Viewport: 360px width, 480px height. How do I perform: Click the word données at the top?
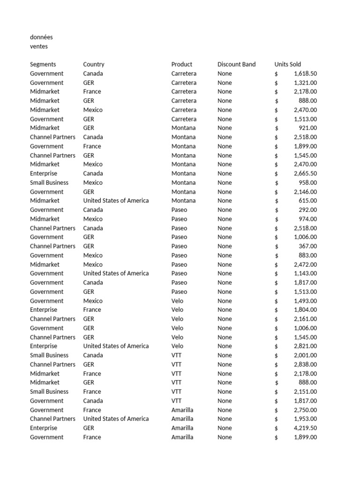41,37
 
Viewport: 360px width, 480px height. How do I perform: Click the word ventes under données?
39,46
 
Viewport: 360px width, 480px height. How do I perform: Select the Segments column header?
43,64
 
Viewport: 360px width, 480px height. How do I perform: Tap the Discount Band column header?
236,64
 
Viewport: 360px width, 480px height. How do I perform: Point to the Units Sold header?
288,64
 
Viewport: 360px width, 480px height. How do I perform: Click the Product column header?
182,64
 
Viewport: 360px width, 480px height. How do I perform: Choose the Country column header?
94,64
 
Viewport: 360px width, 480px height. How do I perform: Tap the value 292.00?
308,210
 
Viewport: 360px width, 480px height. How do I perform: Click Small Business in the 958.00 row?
49,183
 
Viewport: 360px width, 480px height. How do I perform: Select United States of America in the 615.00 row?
116,201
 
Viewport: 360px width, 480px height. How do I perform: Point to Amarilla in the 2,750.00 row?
182,410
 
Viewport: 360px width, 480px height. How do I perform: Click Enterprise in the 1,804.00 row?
44,310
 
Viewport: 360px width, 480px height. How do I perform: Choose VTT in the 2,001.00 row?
176,355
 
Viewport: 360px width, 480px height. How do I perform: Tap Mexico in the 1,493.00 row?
93,301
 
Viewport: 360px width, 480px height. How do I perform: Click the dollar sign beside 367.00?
277,247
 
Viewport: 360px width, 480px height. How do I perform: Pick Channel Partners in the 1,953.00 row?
52,419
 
